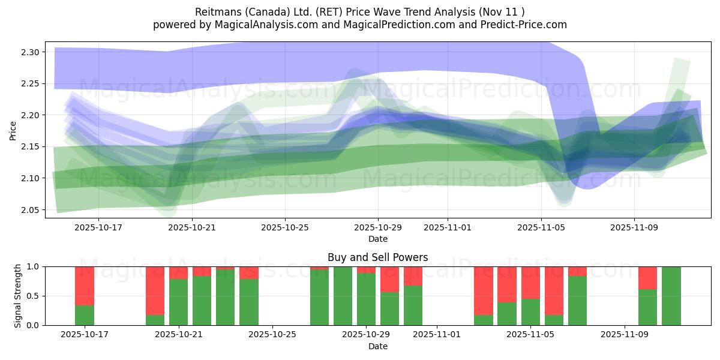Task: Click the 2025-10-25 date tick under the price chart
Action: [x=285, y=228]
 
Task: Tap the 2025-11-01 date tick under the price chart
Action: [x=448, y=228]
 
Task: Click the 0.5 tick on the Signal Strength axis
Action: [x=33, y=296]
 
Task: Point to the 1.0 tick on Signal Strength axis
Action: [x=33, y=266]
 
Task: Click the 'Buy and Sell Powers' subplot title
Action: [x=377, y=257]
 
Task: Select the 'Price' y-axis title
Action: [x=13, y=130]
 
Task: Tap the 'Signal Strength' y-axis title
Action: [x=18, y=295]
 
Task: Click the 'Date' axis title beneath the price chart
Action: [x=377, y=239]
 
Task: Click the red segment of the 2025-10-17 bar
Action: [x=85, y=286]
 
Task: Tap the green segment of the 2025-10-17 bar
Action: [x=85, y=316]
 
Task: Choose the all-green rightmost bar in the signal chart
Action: [x=671, y=296]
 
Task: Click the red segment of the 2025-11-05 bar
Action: [x=531, y=283]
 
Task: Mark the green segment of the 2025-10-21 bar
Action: [x=179, y=302]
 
